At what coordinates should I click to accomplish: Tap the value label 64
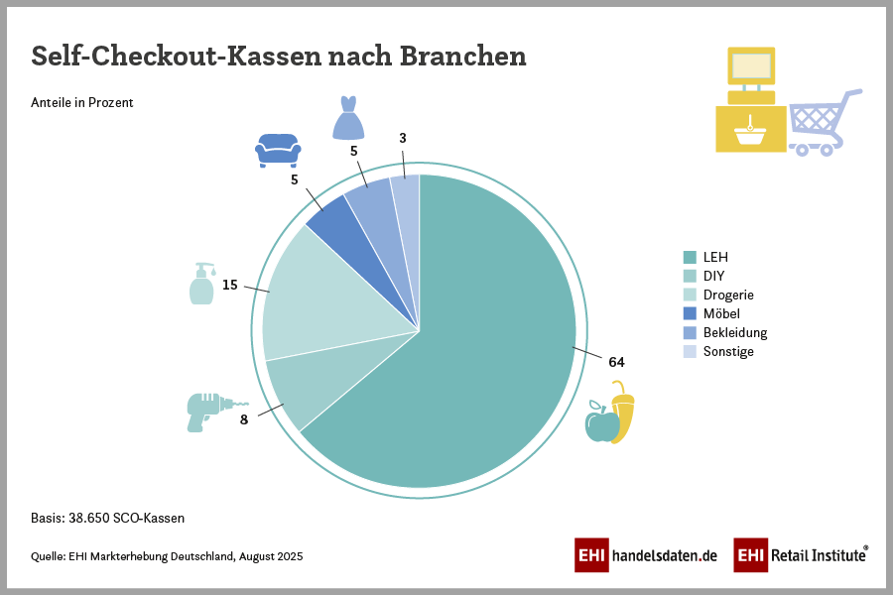point(616,361)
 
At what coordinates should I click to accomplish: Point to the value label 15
point(229,285)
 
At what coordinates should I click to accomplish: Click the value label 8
point(243,418)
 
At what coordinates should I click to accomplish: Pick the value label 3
point(403,138)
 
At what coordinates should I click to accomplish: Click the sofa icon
point(278,149)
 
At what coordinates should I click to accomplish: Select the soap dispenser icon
point(201,284)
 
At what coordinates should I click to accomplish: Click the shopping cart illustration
point(824,124)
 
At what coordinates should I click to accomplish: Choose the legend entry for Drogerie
point(728,295)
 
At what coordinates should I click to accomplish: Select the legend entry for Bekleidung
point(734,332)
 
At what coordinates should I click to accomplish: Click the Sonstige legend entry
point(728,351)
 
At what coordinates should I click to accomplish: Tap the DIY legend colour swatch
point(690,276)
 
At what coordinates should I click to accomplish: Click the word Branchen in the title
point(462,56)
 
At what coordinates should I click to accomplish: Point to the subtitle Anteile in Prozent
point(82,102)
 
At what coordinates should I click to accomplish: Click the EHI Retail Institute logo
point(801,554)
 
